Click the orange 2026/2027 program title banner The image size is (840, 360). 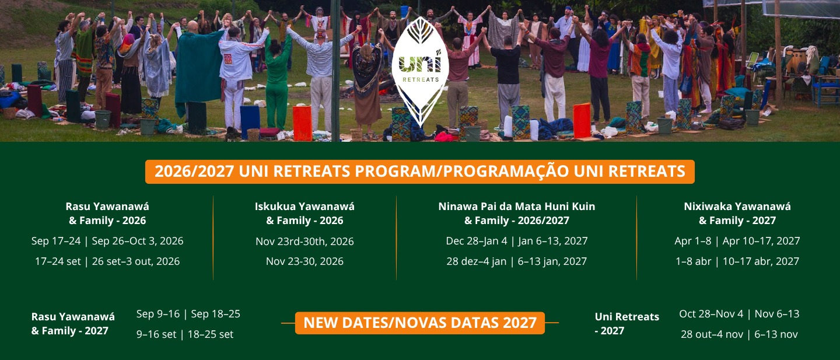[x=420, y=172]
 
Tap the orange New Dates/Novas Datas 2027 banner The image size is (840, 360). [x=420, y=323]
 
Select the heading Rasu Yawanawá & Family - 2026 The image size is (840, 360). [x=107, y=214]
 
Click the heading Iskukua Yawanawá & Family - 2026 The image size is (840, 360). [x=304, y=214]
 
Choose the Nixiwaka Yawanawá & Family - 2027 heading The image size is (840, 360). [x=737, y=214]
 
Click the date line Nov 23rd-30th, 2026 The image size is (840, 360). [x=304, y=241]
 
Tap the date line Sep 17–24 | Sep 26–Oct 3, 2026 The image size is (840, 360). [x=107, y=241]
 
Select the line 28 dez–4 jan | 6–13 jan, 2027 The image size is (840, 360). [x=517, y=261]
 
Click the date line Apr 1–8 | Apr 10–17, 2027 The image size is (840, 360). [x=737, y=241]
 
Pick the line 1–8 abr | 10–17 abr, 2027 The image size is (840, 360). [x=737, y=261]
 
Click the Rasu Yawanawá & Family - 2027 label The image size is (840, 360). [x=73, y=324]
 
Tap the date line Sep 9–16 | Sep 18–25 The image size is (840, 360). [x=188, y=314]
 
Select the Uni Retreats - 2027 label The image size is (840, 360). [x=627, y=324]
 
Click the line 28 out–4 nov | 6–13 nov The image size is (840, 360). [x=739, y=334]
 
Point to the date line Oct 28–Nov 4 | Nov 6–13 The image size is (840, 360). [x=739, y=314]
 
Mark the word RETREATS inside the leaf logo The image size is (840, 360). [x=421, y=79]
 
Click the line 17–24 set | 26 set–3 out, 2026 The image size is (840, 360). [x=107, y=261]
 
